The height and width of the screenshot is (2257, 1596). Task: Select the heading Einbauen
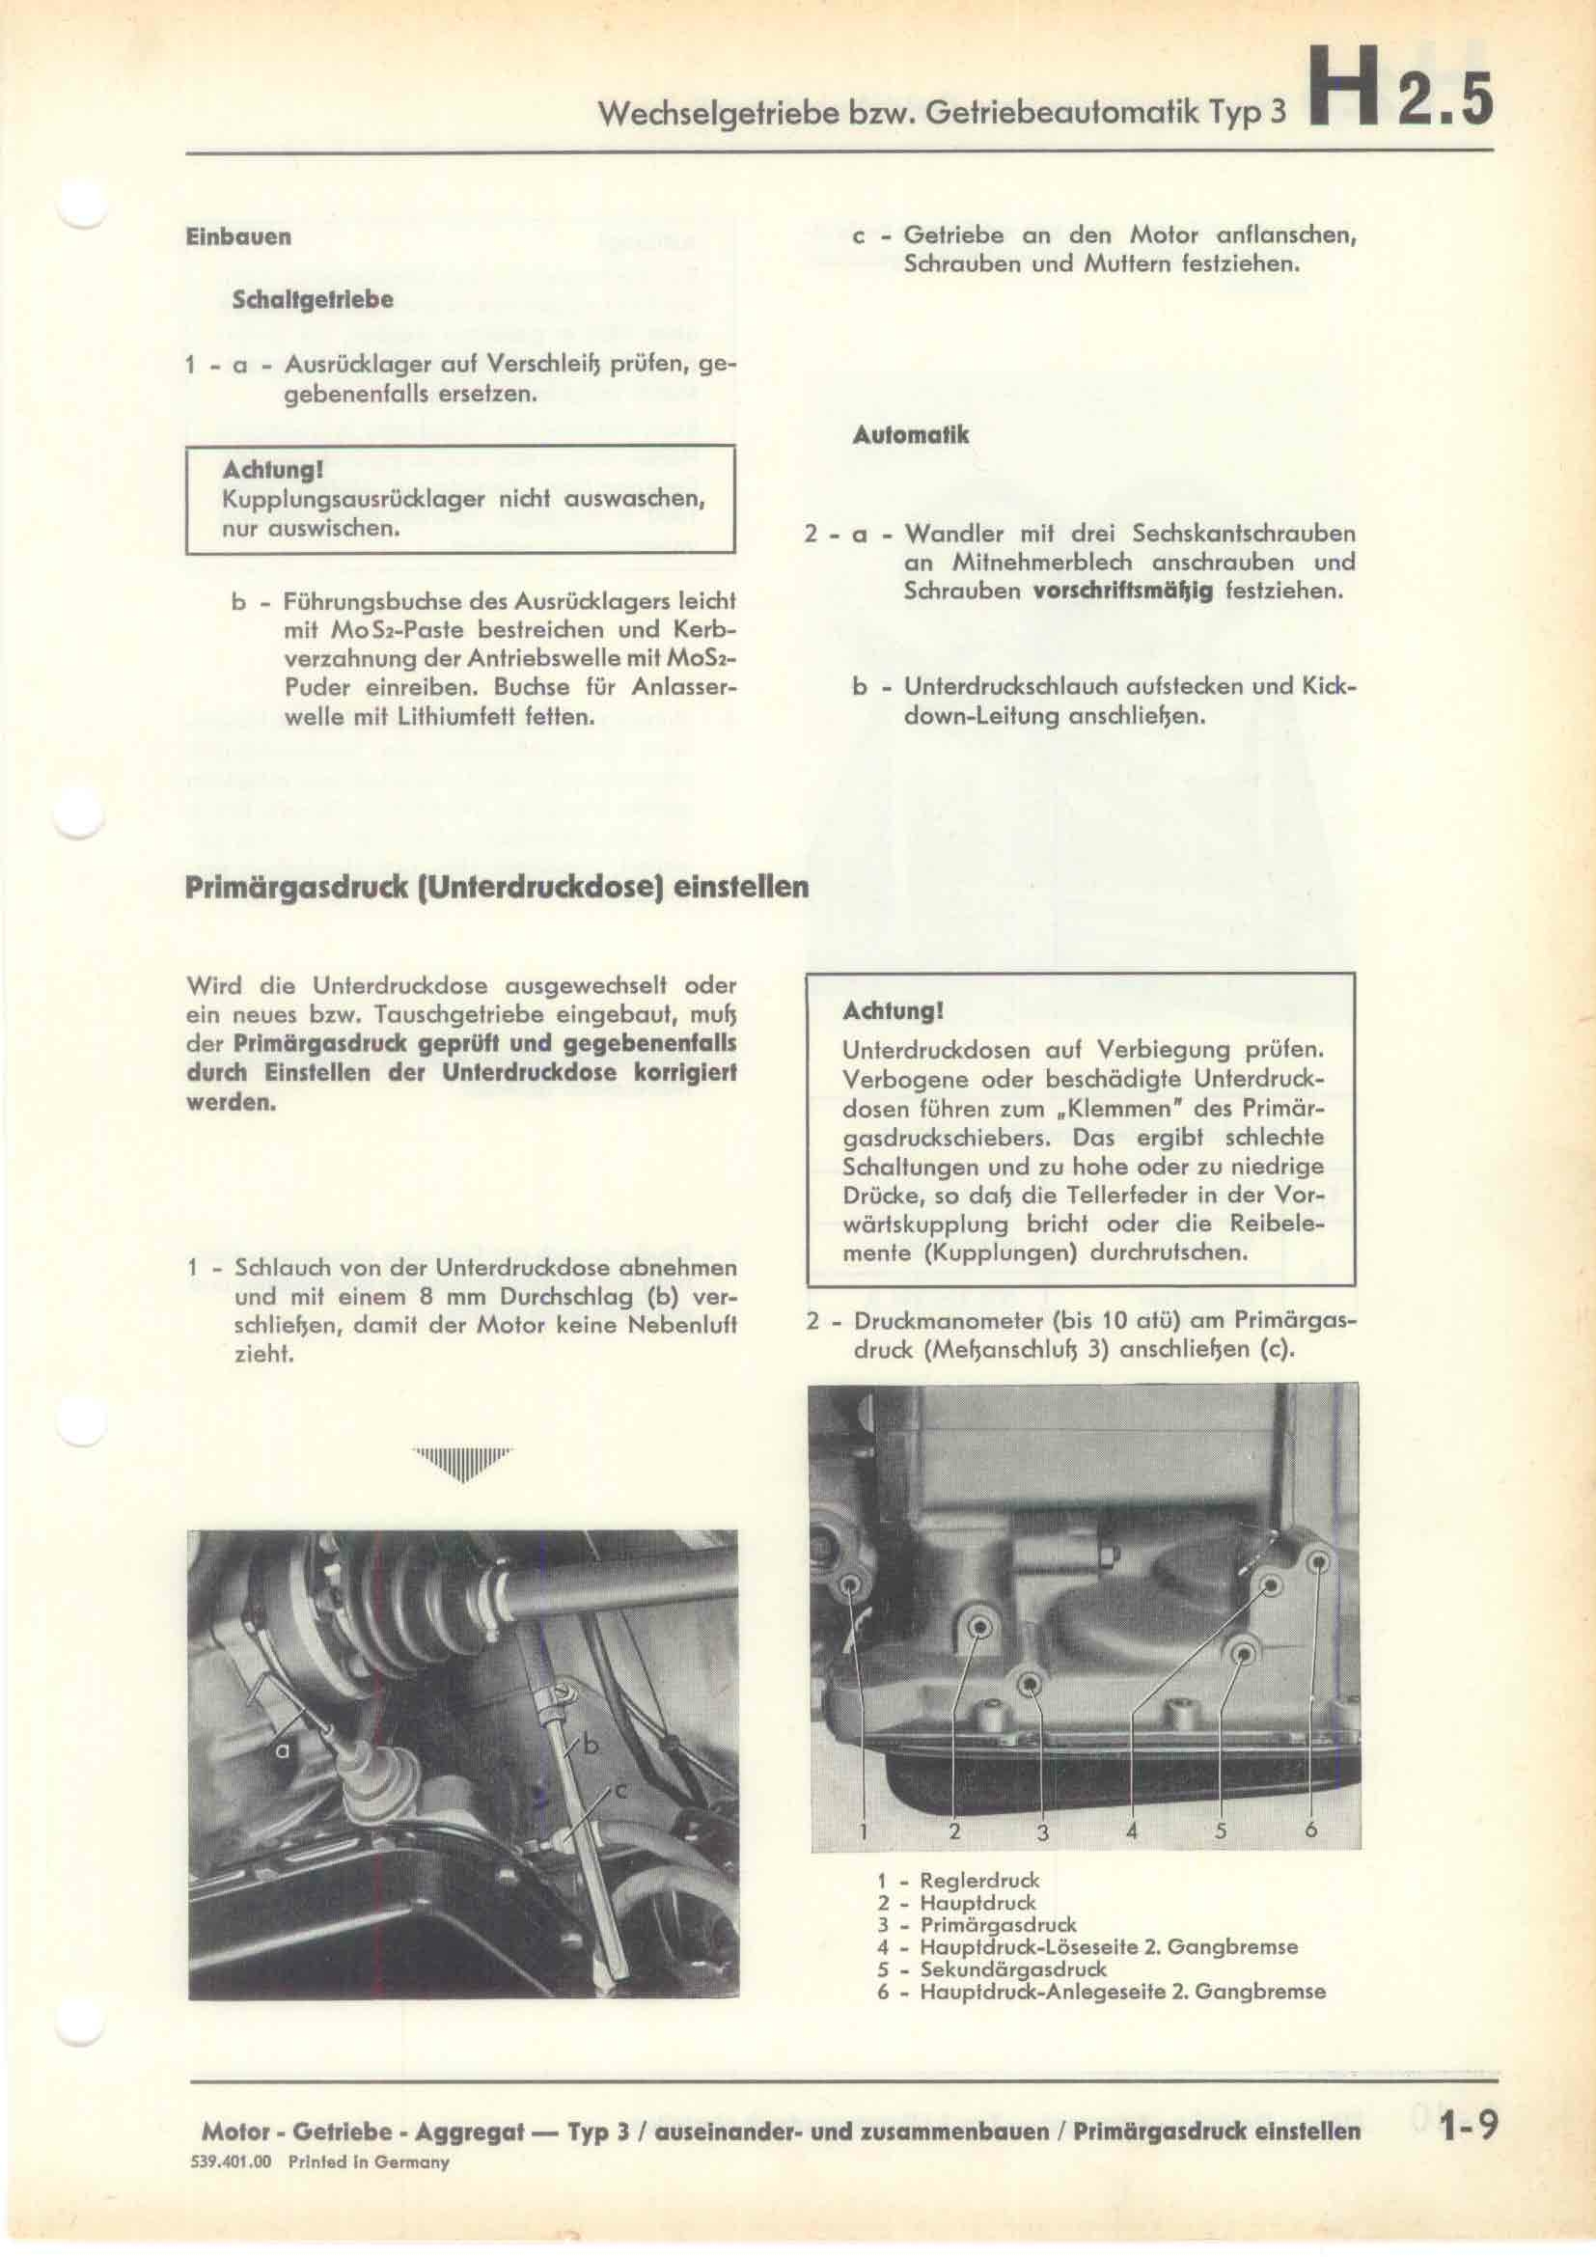[237, 238]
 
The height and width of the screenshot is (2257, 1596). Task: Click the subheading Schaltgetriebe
[312, 301]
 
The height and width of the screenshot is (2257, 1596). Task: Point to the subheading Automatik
[910, 434]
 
